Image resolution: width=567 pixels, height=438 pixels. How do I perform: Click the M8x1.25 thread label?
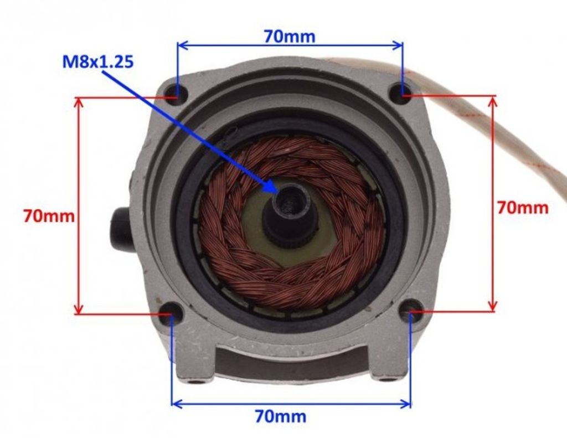(x=98, y=62)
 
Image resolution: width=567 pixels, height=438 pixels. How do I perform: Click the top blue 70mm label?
(x=290, y=36)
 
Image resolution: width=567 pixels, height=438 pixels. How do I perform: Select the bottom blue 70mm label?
(x=281, y=416)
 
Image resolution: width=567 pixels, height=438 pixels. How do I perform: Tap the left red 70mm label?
(x=49, y=217)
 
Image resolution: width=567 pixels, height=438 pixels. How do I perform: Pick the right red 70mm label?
(x=523, y=208)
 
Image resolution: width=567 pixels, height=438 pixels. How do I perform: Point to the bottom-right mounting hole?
(x=410, y=310)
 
